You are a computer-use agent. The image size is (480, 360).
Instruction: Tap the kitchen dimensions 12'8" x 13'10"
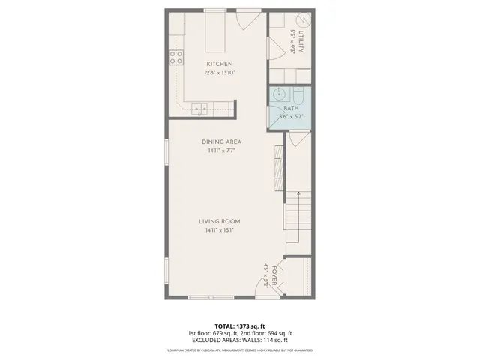point(220,73)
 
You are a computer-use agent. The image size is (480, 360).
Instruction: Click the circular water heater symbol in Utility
point(302,20)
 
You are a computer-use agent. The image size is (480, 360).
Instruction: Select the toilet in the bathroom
point(298,95)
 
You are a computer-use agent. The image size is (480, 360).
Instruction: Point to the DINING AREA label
point(220,142)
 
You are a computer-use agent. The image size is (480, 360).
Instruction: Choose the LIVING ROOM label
point(219,221)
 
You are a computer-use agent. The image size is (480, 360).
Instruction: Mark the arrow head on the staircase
point(298,194)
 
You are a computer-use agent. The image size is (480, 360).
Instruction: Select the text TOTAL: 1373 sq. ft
point(240,325)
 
